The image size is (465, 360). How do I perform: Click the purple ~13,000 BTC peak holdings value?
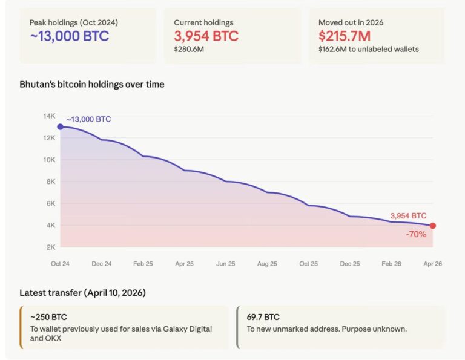point(69,36)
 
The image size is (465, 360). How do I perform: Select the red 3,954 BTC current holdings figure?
point(206,36)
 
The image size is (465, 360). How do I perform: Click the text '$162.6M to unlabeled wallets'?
point(369,49)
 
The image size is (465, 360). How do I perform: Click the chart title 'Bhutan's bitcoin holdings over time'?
point(92,84)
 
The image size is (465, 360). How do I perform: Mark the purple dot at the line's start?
point(60,126)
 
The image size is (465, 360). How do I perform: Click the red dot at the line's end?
point(432,226)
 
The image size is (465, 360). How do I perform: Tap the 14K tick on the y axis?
point(49,116)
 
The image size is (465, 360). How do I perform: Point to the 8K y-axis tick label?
point(50,182)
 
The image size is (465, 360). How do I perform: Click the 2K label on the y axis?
point(50,247)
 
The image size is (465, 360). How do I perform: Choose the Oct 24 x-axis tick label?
point(60,264)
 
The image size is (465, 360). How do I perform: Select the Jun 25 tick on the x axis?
point(225,264)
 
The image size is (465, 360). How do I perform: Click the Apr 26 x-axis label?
point(432,264)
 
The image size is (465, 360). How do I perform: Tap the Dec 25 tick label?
point(349,264)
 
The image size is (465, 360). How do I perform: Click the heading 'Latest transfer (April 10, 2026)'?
point(82,293)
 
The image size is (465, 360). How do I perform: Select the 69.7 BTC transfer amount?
point(263,316)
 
